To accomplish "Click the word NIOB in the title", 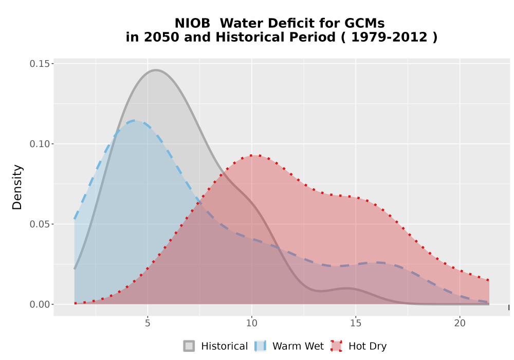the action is point(192,23).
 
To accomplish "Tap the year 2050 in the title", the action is point(161,37).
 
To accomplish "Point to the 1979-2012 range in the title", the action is point(389,37).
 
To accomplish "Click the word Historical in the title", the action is point(276,37).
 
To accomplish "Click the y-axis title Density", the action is point(17,187).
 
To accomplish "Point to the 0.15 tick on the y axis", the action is point(40,64).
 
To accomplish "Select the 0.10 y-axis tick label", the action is point(40,144).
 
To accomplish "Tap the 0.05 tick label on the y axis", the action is point(40,224).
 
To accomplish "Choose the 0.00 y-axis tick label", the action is point(40,304).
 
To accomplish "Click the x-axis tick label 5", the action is point(148,323).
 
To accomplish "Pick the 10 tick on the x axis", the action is point(251,323).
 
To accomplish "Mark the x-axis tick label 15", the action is point(356,323).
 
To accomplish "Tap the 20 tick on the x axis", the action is point(460,323).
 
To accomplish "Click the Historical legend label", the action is point(225,346).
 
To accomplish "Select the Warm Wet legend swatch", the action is point(261,346).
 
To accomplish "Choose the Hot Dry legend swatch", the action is point(336,346).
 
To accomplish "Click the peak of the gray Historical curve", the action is point(156,70).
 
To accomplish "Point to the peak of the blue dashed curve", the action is point(135,121).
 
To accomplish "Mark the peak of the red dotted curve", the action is point(255,155).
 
